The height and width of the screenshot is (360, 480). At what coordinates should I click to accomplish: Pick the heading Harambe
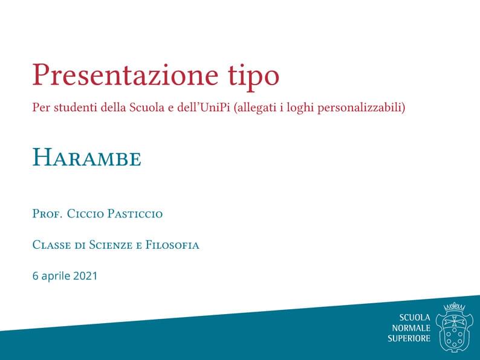coord(86,158)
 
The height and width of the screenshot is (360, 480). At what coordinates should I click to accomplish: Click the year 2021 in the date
coord(85,276)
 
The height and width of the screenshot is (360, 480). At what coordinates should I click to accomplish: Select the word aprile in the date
coord(56,277)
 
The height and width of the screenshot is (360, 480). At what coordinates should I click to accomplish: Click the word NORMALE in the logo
coord(411,328)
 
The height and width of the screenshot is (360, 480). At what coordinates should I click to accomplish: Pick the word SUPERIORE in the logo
coord(409,338)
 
